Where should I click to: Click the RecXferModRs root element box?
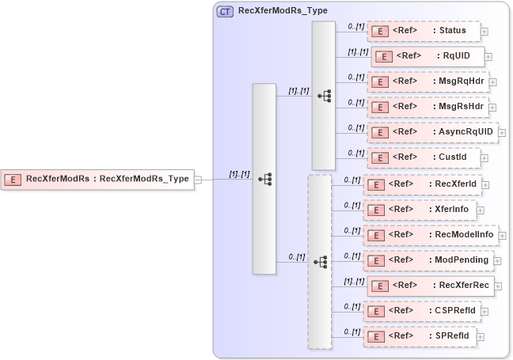98,179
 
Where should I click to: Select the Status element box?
424,31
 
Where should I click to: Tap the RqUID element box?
427,56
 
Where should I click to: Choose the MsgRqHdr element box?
428,81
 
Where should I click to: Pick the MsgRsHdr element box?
428,106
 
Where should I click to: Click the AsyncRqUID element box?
432,131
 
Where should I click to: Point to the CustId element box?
424,157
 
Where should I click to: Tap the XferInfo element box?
420,210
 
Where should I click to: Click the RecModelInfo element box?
431,235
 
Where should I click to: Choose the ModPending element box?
428,260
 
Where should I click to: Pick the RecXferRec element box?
429,286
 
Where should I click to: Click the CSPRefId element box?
423,311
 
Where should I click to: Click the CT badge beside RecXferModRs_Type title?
225,11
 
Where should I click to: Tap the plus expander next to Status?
484,32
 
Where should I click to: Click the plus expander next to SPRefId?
480,337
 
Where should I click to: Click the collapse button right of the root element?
198,179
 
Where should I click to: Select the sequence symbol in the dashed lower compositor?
320,260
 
